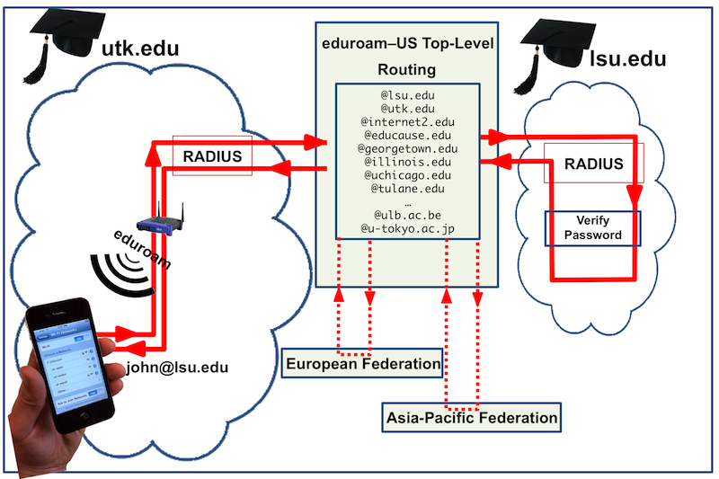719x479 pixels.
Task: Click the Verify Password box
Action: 592,228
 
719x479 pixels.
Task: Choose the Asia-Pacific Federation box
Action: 471,417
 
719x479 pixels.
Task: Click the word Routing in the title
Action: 407,67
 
